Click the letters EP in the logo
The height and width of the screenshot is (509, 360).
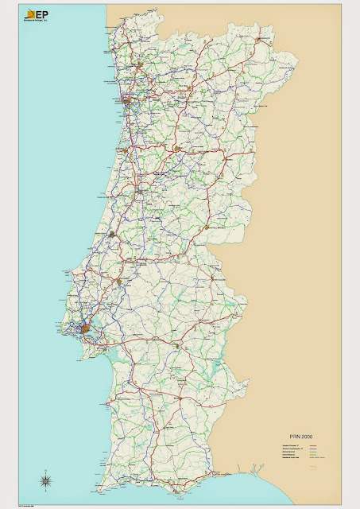[41, 14]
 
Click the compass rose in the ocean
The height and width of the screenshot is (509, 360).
[47, 479]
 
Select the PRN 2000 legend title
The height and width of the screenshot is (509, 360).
[300, 437]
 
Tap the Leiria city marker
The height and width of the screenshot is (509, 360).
[112, 235]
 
